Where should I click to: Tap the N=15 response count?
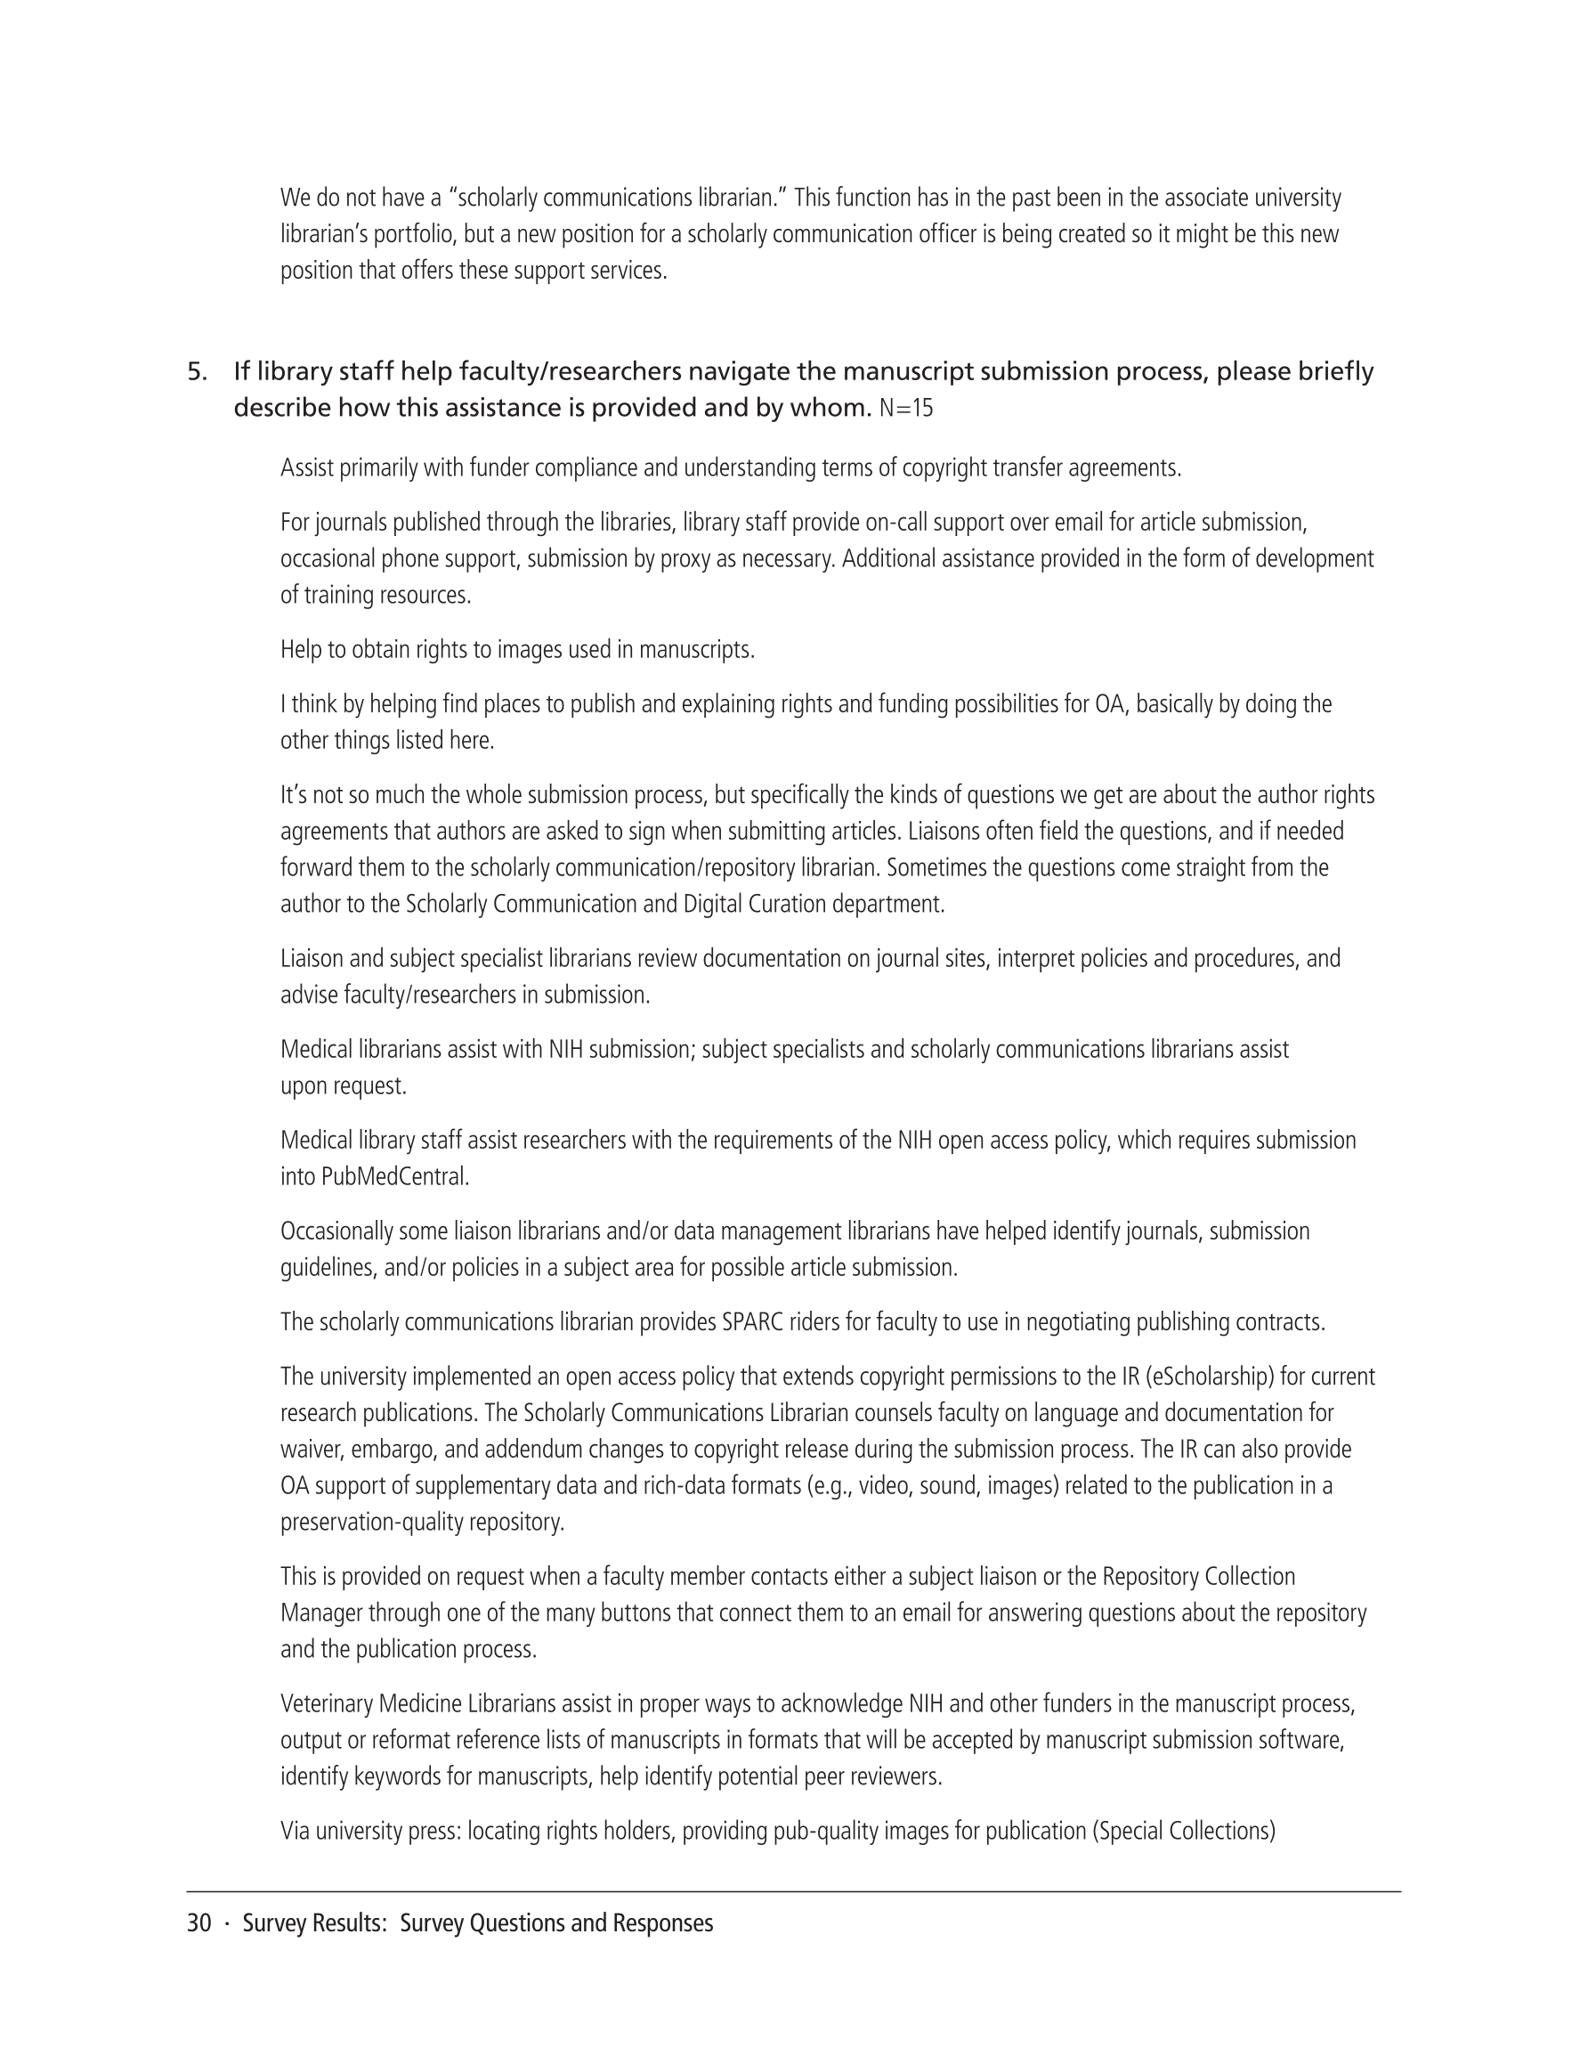point(905,409)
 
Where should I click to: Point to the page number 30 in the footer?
point(198,1923)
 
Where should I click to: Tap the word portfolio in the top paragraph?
point(416,234)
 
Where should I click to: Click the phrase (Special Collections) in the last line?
point(1183,1832)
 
